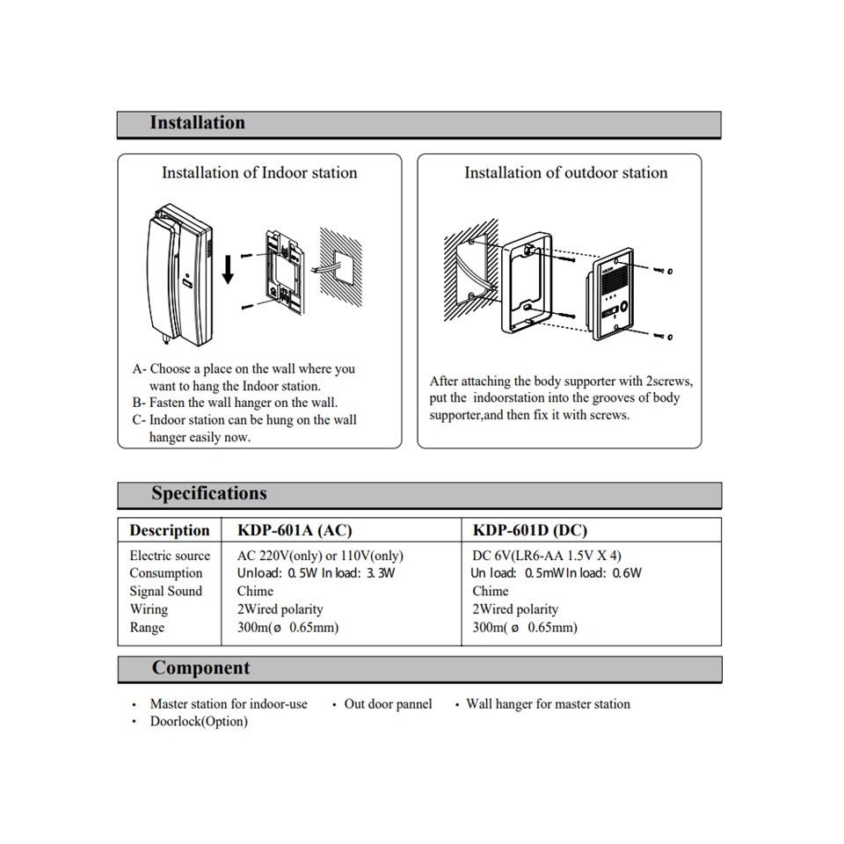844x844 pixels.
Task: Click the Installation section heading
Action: pos(197,123)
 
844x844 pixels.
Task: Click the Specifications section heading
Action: pos(208,493)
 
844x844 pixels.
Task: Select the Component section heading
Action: pos(200,668)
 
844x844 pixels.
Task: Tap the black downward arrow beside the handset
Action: pos(228,267)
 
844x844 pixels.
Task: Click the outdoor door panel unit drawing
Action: pos(612,297)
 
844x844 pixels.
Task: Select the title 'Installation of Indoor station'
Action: pos(259,172)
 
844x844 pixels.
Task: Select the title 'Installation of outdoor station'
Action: pos(566,172)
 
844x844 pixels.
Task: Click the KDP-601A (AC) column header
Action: pos(295,530)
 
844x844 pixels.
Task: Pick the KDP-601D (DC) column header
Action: pos(530,530)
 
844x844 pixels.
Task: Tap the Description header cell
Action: pos(169,530)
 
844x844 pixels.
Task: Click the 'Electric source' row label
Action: pos(170,556)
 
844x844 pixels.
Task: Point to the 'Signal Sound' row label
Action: pos(165,591)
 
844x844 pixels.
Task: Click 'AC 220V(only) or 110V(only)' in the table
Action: pos(320,556)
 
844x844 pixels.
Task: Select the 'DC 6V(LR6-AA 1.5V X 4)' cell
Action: pos(547,556)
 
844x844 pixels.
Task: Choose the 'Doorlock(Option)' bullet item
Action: pos(199,722)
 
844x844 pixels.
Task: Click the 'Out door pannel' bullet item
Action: pos(388,703)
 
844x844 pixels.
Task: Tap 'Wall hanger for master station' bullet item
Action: pos(548,703)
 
